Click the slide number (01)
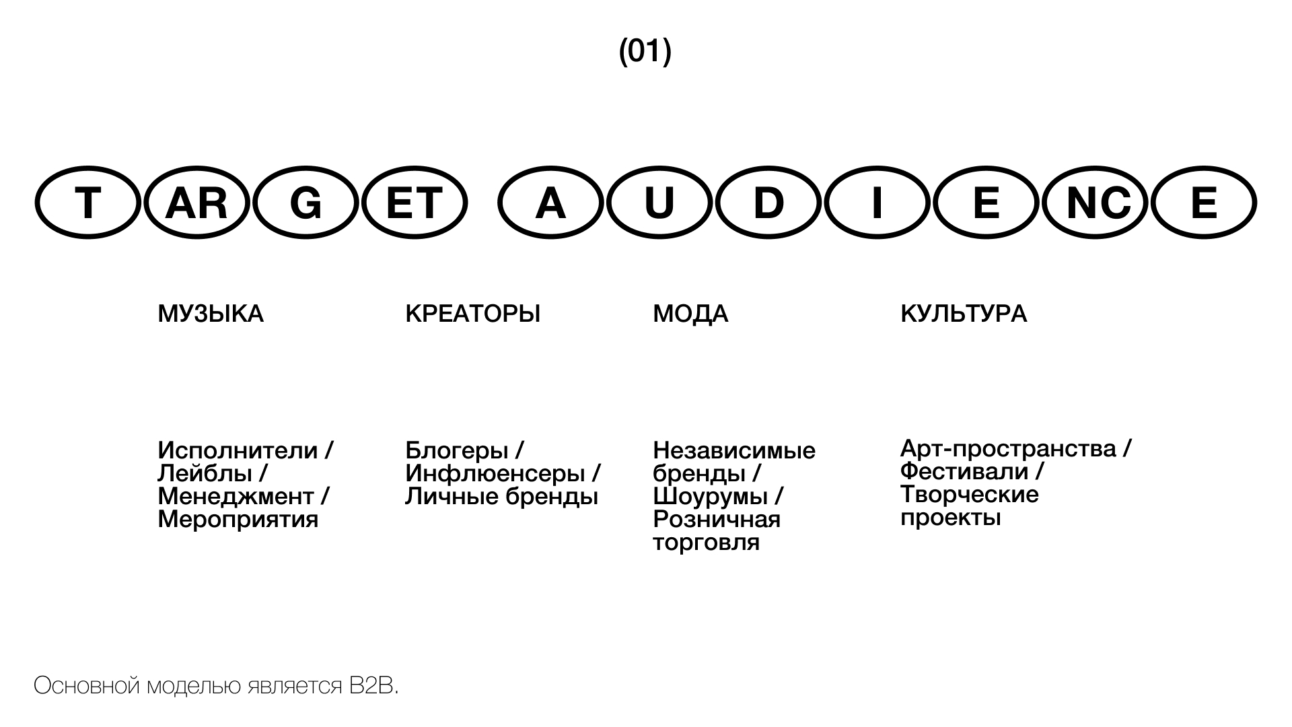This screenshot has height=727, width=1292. coord(645,51)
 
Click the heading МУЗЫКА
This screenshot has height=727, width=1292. coord(211,314)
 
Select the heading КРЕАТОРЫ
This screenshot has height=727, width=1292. coord(473,314)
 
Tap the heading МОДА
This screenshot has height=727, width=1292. coord(690,314)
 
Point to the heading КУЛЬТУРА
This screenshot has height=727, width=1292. coord(964,314)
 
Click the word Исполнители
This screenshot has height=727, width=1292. coord(238,450)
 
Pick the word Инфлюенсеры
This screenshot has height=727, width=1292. coord(495,474)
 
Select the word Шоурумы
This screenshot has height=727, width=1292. coord(711,497)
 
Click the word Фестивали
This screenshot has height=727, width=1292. coord(964,471)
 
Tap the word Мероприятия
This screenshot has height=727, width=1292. coord(238,520)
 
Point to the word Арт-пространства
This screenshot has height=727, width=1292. coord(1008,448)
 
